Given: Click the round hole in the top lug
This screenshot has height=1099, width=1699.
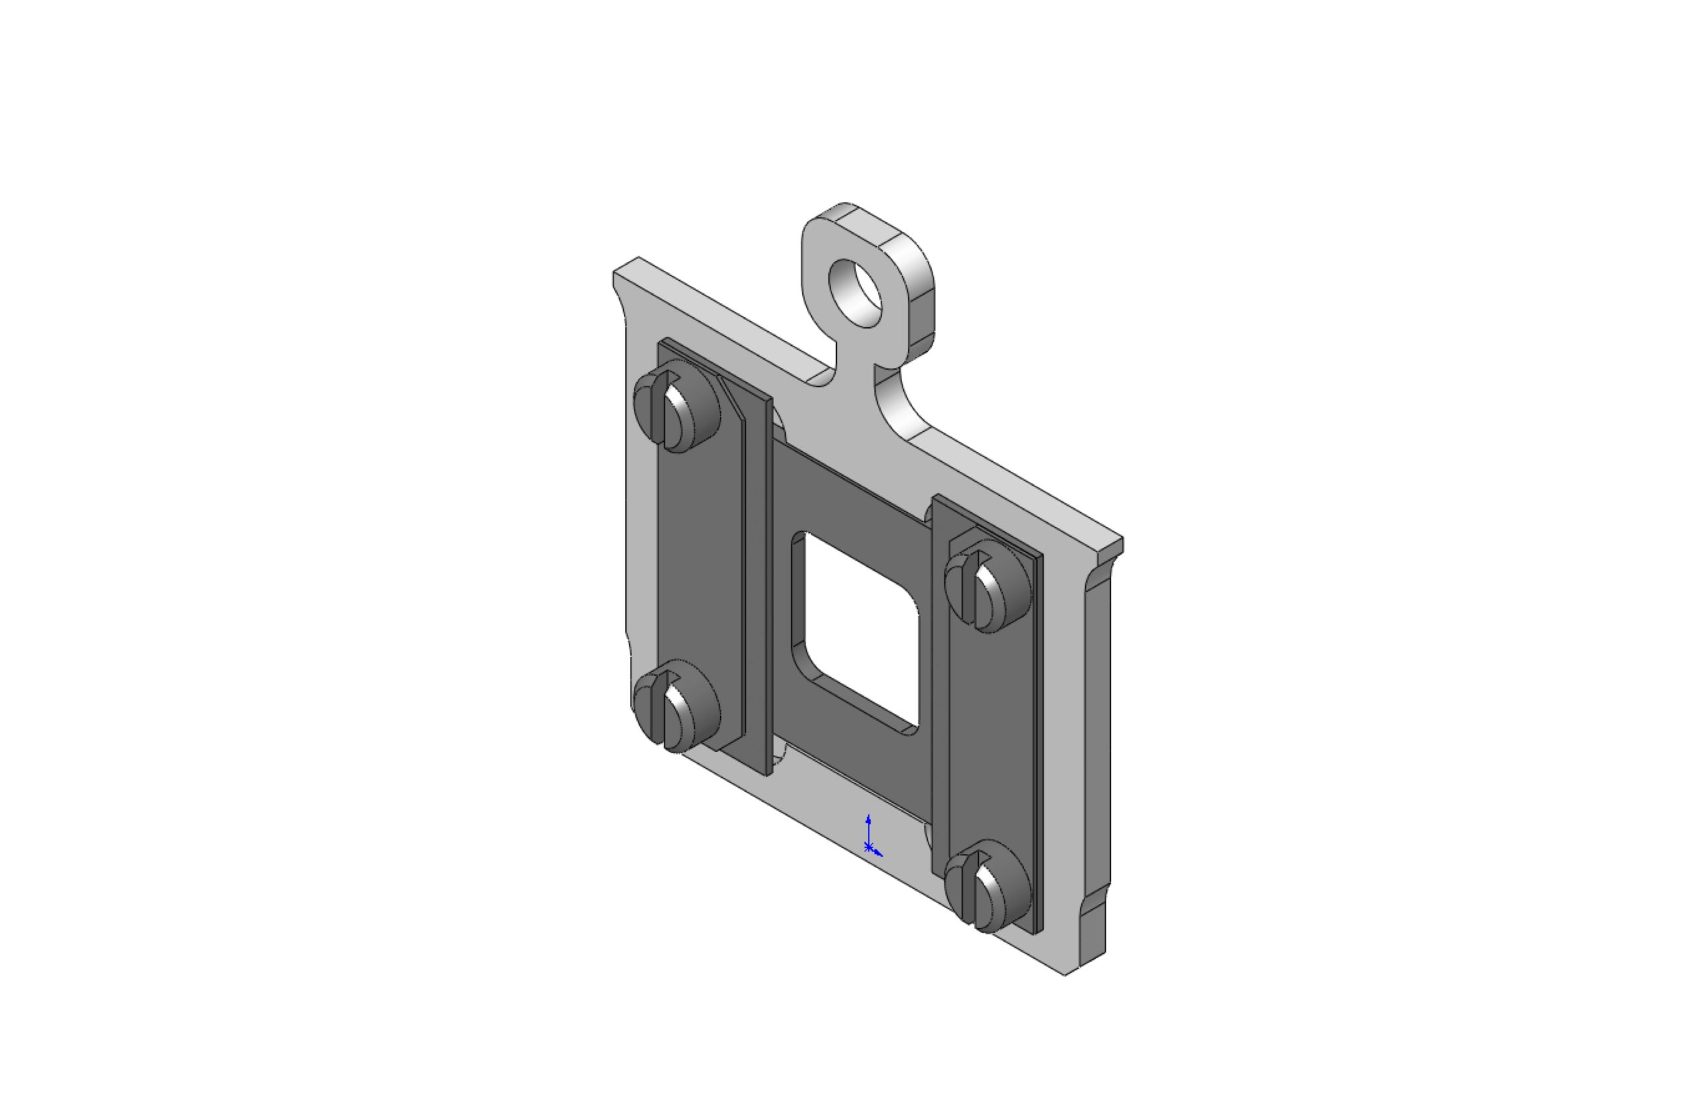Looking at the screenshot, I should tap(855, 294).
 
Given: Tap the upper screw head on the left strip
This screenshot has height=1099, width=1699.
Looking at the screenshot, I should tap(677, 407).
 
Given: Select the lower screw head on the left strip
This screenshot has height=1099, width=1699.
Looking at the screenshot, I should tap(677, 705).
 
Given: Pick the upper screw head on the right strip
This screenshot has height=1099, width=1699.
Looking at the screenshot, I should tap(988, 586).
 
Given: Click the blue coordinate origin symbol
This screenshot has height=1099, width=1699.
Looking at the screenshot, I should tap(868, 847).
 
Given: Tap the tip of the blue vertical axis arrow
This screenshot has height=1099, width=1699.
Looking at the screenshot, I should tap(868, 816).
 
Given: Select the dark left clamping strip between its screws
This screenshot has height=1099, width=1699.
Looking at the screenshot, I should tap(700, 557).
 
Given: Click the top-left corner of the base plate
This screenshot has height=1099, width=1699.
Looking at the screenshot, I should tap(615, 273).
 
